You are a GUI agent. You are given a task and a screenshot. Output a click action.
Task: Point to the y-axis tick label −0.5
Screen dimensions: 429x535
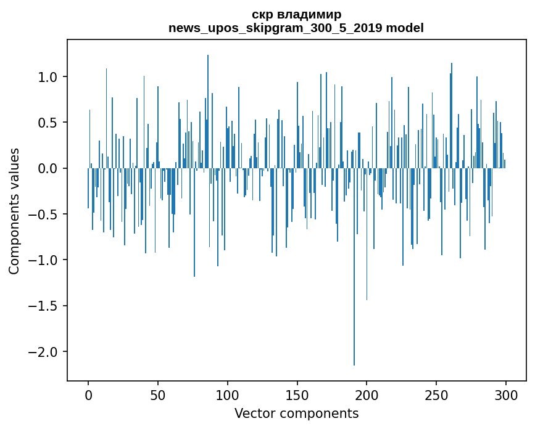tap(43, 214)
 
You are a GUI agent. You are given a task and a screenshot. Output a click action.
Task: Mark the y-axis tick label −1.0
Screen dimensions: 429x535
tap(43, 260)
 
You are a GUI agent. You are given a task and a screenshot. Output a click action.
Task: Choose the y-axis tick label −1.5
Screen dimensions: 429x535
tap(43, 306)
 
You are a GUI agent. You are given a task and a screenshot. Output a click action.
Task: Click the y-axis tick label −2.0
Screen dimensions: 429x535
tap(43, 352)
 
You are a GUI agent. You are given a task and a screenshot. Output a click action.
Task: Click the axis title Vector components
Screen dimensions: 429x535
tap(296, 413)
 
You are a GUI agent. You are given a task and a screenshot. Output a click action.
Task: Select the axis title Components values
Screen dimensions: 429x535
tap(14, 211)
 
